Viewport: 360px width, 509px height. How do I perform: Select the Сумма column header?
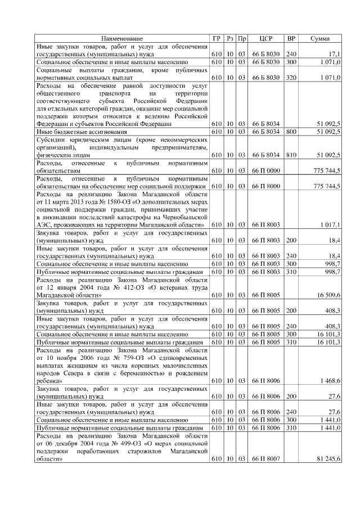click(x=321, y=39)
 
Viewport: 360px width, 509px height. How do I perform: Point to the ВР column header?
click(x=291, y=39)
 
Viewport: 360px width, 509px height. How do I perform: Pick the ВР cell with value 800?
click(x=291, y=131)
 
